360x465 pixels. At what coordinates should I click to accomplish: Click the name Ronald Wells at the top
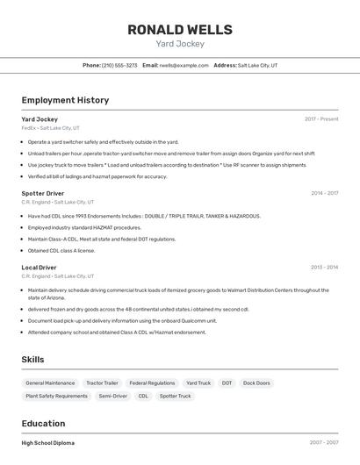[180, 29]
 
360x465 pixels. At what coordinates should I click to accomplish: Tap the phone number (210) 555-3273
[119, 65]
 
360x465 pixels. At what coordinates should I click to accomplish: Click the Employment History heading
[65, 100]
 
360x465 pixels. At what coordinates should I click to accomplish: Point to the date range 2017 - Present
[321, 119]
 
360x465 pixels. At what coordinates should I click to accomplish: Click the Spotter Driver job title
[43, 193]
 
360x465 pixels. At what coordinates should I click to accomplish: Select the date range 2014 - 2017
[324, 193]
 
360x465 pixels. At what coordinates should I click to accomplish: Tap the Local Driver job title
[39, 268]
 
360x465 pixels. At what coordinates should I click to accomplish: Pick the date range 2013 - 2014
[324, 268]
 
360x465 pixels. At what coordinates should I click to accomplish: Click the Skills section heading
[33, 360]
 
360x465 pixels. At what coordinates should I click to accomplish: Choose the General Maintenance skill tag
[50, 383]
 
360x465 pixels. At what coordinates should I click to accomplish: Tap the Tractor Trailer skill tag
[102, 383]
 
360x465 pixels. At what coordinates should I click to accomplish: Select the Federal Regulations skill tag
[152, 383]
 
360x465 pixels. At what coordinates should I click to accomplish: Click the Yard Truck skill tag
[198, 383]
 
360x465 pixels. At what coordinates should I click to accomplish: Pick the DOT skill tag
[227, 383]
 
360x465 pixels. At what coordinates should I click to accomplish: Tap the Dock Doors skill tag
[256, 383]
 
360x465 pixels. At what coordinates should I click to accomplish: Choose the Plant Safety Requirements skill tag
[56, 397]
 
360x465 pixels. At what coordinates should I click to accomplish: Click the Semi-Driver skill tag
[112, 397]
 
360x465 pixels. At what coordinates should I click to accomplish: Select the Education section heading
[43, 423]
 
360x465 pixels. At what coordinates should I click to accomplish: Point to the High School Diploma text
[48, 443]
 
